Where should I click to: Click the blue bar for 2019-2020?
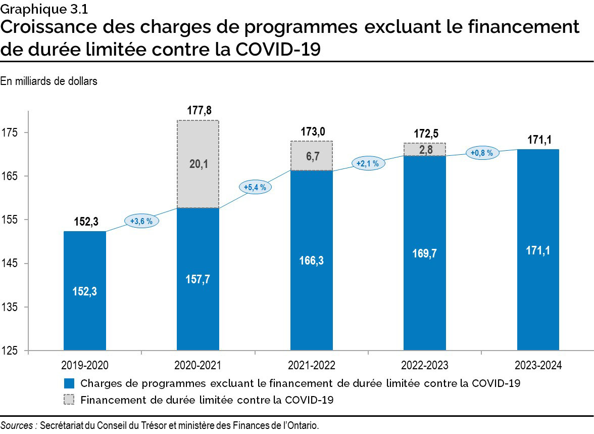(84, 291)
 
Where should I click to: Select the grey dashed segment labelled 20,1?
(197, 164)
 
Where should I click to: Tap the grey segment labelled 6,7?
(311, 156)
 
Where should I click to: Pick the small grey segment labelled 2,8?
(424, 150)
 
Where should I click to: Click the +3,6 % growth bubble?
(141, 221)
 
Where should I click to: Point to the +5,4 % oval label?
(255, 187)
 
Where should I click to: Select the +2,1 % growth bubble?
(368, 163)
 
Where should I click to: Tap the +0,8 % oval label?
(482, 153)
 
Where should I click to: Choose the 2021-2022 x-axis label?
(311, 365)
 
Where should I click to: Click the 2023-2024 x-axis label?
(538, 365)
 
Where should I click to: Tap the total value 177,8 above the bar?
(197, 111)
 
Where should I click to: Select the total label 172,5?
(424, 134)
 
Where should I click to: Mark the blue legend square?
(69, 383)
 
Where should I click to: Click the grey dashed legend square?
(69, 400)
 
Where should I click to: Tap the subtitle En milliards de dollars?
(48, 81)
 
